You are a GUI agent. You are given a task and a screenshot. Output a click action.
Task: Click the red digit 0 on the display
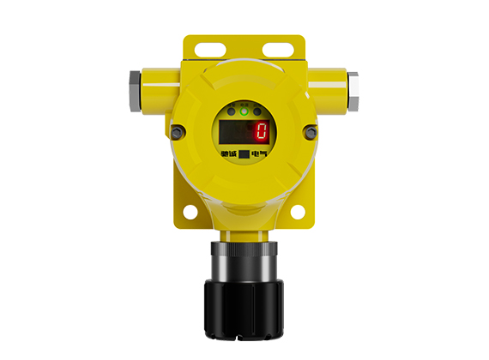[261, 131]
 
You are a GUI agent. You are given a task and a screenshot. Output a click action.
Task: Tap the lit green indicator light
[244, 111]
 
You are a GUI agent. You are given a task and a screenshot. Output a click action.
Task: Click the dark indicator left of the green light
[232, 111]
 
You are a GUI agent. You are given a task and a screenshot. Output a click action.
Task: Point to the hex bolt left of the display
[178, 132]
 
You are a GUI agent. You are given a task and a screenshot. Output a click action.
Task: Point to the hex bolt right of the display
[311, 132]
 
